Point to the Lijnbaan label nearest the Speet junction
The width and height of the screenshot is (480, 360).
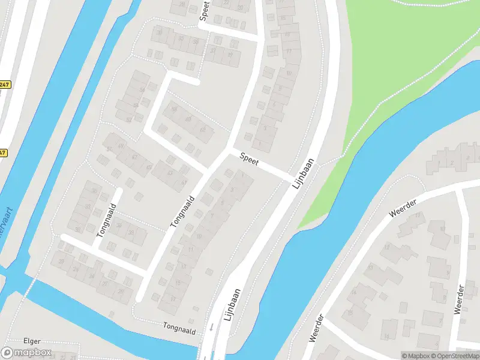coord(305,174)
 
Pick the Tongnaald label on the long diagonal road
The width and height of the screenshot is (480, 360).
coord(184,211)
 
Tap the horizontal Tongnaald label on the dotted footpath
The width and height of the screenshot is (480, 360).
coord(180,325)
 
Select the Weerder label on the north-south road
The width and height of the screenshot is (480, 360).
coord(460,299)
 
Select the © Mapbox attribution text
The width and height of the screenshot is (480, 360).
coord(416,356)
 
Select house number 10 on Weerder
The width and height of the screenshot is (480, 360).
coord(442,229)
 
